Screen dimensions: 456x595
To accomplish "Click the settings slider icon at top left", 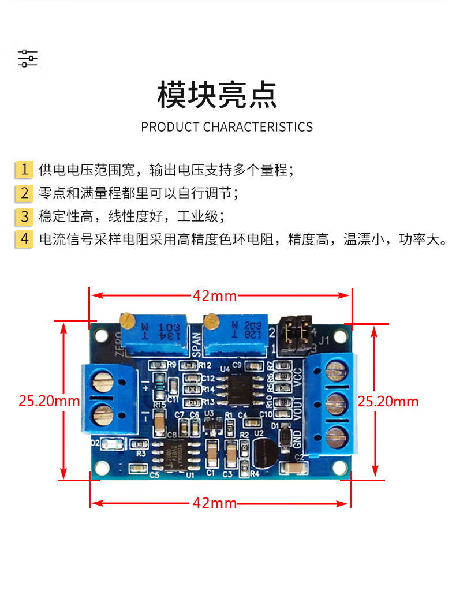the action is click(x=27, y=58).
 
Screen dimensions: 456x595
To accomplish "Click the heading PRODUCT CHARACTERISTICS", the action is click(x=227, y=126).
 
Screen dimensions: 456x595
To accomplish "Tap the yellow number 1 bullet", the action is click(x=24, y=170).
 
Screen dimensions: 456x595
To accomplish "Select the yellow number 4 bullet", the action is click(x=24, y=238).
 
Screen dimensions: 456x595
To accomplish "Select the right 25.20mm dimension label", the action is click(x=388, y=401).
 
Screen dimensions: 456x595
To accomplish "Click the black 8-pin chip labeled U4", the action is click(x=237, y=387).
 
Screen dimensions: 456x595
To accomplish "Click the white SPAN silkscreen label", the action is click(x=196, y=345).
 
